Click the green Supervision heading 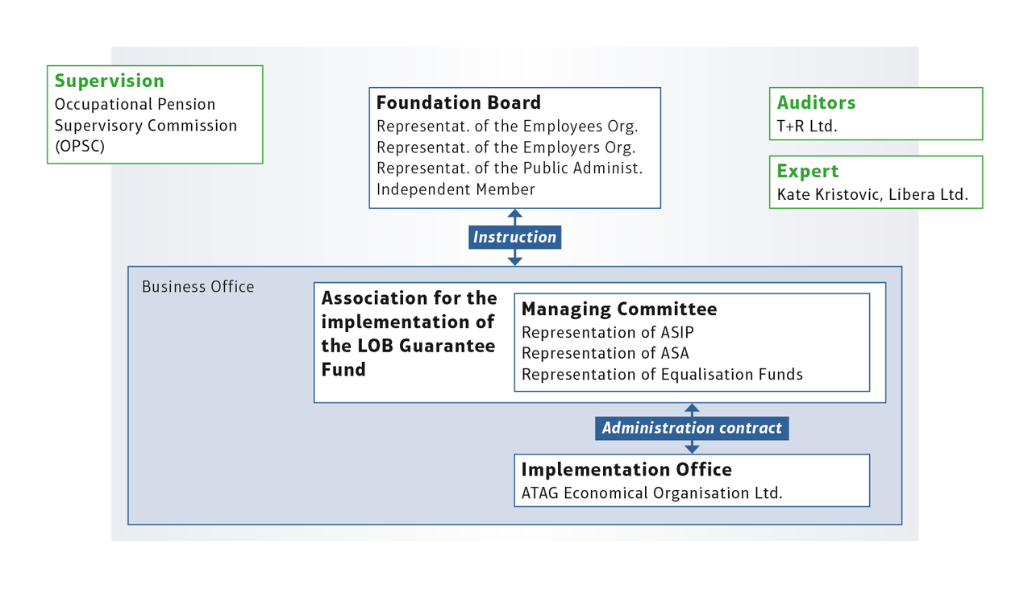point(109,81)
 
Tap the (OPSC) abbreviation point(80,147)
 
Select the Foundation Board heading point(459,102)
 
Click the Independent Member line point(456,189)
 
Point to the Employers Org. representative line point(506,147)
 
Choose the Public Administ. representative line point(510,168)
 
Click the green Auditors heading point(816,102)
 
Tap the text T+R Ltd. point(807,127)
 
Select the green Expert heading point(808,171)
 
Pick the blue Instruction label point(514,237)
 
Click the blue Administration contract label point(692,428)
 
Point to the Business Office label point(198,286)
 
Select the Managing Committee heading point(619,309)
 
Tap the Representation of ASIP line point(608,333)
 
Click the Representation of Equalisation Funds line point(662,375)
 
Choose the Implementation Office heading point(626,469)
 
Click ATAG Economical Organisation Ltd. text point(652,493)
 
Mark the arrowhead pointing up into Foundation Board point(514,214)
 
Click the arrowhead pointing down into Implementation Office point(692,449)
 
